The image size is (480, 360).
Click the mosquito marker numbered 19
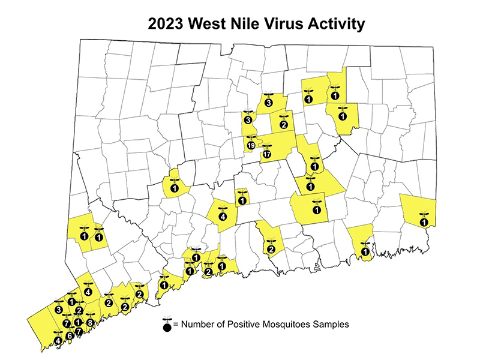[x=251, y=146]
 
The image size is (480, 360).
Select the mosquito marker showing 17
[x=267, y=154]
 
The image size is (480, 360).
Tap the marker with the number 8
[x=90, y=323]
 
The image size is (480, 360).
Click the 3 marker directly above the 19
[x=247, y=120]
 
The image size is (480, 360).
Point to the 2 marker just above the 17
[x=283, y=125]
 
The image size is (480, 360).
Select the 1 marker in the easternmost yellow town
[x=425, y=223]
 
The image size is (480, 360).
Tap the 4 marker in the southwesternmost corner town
[x=58, y=341]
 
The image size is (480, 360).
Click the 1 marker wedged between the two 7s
[x=77, y=323]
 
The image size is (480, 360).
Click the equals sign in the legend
[x=176, y=325]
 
